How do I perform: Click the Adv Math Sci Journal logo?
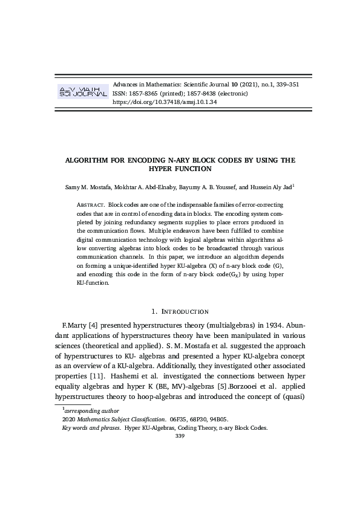82,92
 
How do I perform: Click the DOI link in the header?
165,102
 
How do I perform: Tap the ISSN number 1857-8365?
143,93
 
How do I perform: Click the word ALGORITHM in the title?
94,161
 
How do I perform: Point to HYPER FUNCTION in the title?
180,170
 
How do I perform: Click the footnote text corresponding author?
91,410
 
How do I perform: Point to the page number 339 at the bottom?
180,436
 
